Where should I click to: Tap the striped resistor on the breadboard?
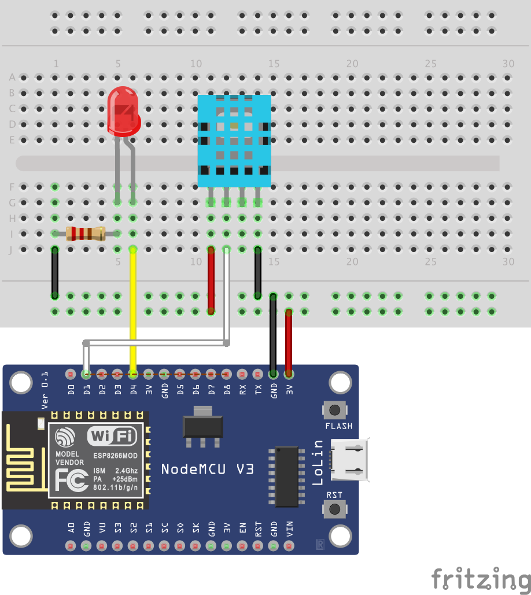point(85,234)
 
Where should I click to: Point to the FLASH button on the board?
point(334,411)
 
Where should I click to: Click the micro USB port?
point(351,460)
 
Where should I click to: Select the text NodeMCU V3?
point(207,468)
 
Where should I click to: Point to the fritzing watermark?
point(481,578)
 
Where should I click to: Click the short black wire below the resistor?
point(55,272)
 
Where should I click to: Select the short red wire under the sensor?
point(211,280)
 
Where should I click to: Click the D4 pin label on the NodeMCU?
point(134,390)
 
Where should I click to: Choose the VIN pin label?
point(289,529)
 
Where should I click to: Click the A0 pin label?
point(71,528)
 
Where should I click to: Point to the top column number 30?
point(508,64)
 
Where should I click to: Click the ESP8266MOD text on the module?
point(115,455)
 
